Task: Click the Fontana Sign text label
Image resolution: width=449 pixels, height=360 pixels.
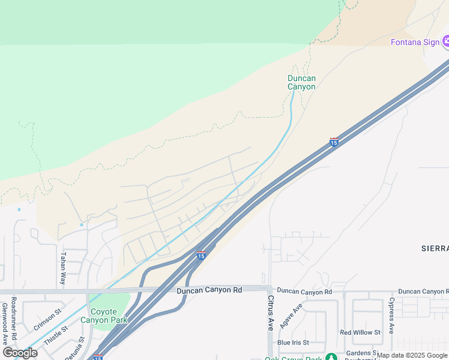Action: pos(415,42)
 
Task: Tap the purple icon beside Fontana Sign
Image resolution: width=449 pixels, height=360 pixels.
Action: pos(446,41)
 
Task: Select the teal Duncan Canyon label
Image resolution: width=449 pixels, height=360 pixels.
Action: pos(301,82)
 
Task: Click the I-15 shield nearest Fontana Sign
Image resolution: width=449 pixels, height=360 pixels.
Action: pos(334,142)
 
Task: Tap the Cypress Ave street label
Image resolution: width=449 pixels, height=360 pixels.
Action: pos(391,316)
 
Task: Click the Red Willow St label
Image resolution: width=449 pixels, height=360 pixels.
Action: pos(360,332)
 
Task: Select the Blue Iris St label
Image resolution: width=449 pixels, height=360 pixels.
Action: pos(293,343)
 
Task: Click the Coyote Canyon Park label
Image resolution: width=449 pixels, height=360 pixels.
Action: pos(109,316)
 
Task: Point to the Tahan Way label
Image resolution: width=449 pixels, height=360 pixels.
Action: pos(62,268)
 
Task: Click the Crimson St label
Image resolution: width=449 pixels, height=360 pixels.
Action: pos(49,320)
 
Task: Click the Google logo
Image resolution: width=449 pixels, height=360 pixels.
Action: pos(20,353)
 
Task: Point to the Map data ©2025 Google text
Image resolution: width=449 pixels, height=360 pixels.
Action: pos(412,355)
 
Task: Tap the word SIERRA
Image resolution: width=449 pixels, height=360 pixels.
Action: pos(435,248)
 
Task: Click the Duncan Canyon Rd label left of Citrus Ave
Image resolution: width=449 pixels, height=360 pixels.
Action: pos(209,290)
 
